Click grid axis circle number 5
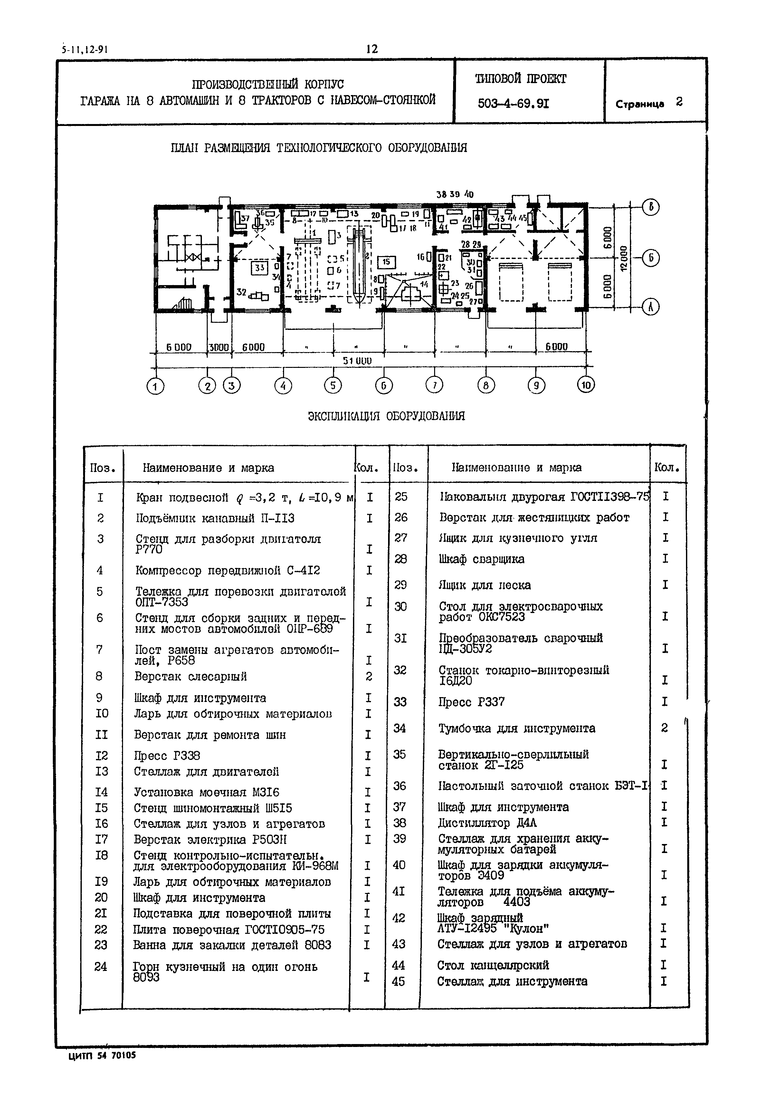[333, 385]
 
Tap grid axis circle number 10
[586, 385]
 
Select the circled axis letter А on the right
[651, 307]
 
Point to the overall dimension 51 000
[357, 361]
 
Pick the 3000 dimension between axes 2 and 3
[219, 348]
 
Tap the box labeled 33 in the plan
[259, 268]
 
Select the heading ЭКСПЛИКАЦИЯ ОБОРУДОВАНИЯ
[386, 416]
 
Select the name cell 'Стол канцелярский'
[493, 965]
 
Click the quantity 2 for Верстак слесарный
[368, 677]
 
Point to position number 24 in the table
[100, 967]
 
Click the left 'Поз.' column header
[103, 468]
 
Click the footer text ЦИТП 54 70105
[102, 1056]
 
